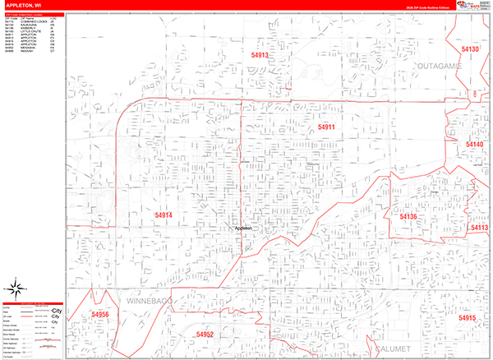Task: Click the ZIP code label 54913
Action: [260, 55]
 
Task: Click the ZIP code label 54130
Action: [470, 49]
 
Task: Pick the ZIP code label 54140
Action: [474, 145]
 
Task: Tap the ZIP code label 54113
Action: [479, 228]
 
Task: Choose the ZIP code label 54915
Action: [468, 318]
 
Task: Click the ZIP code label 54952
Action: [205, 335]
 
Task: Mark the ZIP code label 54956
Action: [100, 315]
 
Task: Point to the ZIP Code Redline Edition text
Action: [422, 7]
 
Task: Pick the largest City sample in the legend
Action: [56, 311]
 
